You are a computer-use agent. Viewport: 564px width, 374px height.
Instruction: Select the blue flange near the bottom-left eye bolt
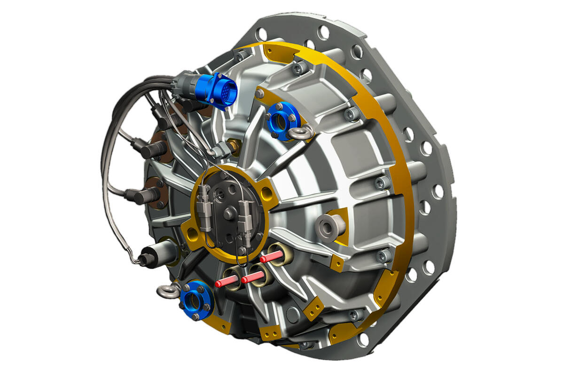pos(197,300)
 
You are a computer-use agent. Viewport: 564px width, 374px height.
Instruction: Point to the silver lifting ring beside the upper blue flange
pos(301,133)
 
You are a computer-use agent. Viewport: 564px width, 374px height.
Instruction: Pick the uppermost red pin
pos(272,257)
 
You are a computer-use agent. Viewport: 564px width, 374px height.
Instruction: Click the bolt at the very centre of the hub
pos(228,214)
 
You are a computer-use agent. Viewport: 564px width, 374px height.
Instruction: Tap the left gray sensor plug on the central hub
pos(204,207)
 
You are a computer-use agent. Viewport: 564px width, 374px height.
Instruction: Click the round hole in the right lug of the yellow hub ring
pos(266,191)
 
